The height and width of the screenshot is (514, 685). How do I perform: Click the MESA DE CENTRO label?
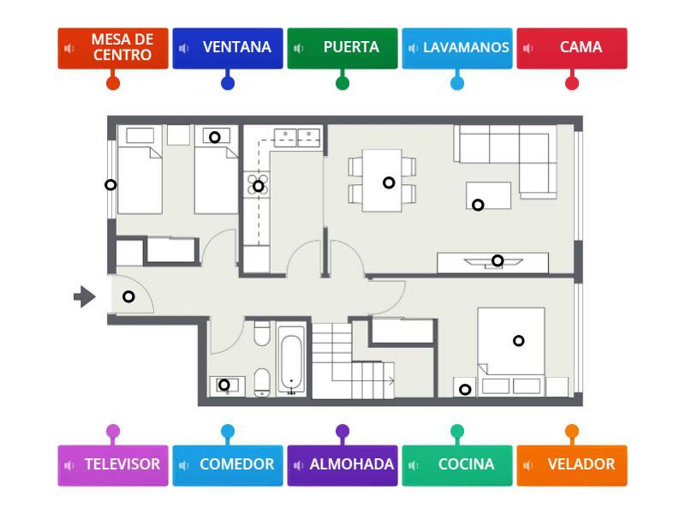click(x=113, y=48)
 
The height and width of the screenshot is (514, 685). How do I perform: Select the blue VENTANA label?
click(x=228, y=48)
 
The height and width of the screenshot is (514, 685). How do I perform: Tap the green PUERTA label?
click(x=342, y=48)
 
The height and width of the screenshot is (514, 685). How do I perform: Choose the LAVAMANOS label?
click(x=457, y=48)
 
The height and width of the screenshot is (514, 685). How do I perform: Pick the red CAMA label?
click(x=572, y=48)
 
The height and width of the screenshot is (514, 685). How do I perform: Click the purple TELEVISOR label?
click(x=113, y=465)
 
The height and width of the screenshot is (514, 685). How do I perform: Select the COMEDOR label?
click(x=228, y=465)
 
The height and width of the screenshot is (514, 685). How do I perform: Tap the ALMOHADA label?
click(x=342, y=465)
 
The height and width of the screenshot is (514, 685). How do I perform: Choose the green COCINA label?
click(x=457, y=465)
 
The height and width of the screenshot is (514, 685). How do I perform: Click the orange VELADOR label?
click(x=572, y=465)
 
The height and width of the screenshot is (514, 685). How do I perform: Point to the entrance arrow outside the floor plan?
click(x=84, y=296)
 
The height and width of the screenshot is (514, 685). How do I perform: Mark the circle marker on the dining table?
click(x=389, y=182)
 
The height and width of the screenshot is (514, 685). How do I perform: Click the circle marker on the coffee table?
click(x=478, y=205)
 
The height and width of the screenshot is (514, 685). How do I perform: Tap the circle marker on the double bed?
click(x=518, y=341)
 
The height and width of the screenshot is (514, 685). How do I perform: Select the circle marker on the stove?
click(x=258, y=186)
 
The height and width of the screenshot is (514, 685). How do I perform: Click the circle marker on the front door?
click(x=128, y=296)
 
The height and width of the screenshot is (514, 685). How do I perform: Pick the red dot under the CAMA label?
click(x=572, y=83)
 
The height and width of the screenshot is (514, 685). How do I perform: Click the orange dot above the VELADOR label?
click(x=572, y=431)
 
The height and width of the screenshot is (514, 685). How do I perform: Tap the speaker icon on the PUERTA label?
click(x=298, y=48)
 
